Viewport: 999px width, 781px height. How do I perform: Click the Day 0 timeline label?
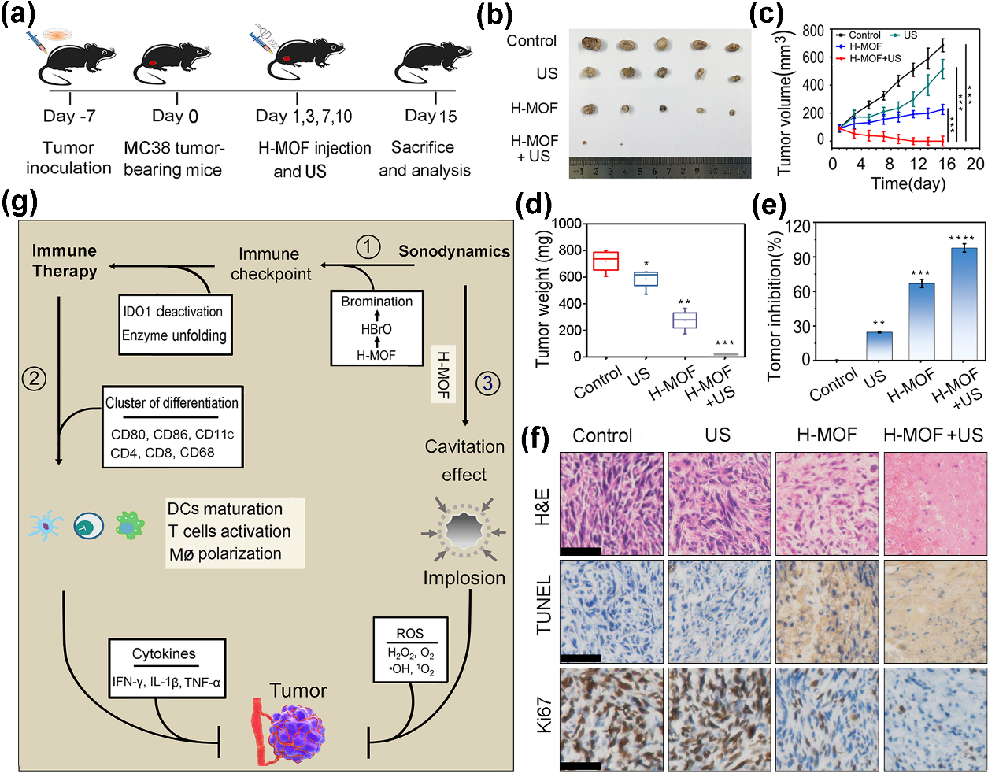click(x=175, y=117)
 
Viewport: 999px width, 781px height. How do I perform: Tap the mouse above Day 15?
click(x=435, y=61)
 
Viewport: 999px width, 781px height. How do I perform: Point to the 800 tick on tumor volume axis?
click(x=813, y=31)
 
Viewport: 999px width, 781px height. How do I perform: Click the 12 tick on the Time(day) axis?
click(x=918, y=164)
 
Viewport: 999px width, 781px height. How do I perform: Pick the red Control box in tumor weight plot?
click(x=605, y=261)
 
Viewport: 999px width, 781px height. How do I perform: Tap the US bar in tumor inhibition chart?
click(x=879, y=346)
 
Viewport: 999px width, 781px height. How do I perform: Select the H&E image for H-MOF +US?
click(x=935, y=503)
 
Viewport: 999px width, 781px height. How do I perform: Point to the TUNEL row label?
click(x=543, y=605)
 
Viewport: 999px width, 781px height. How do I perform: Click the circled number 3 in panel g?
click(x=487, y=383)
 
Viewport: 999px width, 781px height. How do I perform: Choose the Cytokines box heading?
click(x=164, y=653)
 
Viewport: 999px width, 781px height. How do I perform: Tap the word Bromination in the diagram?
click(x=376, y=302)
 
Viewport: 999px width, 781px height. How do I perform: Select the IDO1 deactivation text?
click(x=172, y=312)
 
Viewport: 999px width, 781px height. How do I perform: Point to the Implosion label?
click(x=464, y=578)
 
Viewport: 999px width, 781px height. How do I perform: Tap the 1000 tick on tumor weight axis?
click(x=566, y=224)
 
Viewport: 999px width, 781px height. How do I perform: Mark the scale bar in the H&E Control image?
click(x=581, y=551)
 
